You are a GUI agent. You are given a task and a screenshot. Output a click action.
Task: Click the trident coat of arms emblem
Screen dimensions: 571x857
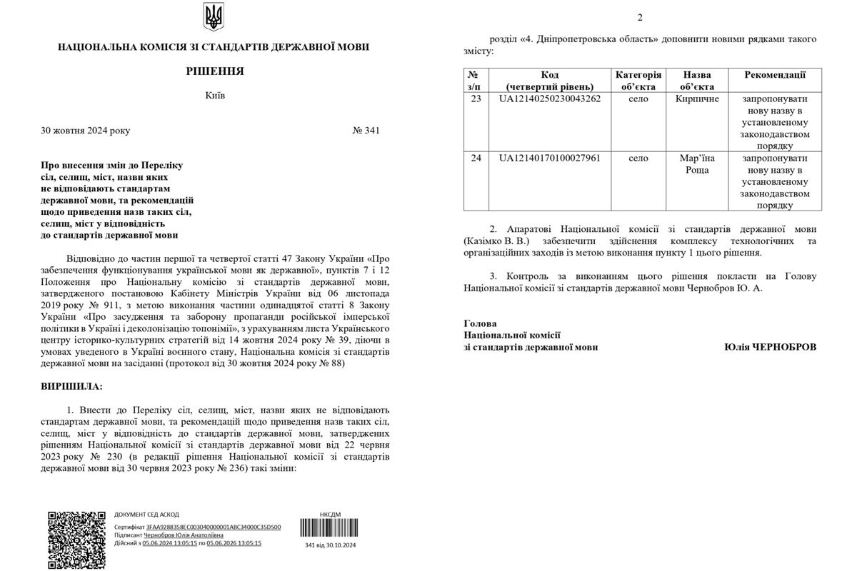[214, 16]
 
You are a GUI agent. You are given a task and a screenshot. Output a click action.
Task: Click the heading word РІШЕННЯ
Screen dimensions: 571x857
[214, 71]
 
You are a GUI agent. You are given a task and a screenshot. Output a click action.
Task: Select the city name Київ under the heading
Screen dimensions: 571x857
[214, 96]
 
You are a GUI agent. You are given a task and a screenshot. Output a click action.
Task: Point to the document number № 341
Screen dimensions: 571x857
[366, 131]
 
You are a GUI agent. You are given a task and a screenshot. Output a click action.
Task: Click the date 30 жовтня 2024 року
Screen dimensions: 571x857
[86, 131]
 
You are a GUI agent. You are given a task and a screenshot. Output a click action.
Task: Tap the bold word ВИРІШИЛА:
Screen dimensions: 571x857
[72, 386]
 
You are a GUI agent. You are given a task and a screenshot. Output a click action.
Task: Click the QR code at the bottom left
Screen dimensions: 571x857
[76, 539]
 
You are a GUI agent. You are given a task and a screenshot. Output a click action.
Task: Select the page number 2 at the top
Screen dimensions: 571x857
[640, 17]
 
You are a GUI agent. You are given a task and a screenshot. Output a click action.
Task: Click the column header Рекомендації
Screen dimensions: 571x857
[775, 75]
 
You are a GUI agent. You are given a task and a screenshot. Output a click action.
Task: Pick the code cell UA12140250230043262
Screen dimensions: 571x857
[550, 98]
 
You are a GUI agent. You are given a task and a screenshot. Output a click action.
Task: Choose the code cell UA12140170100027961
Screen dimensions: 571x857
[550, 158]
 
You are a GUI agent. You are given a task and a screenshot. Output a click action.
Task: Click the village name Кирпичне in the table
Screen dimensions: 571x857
[697, 98]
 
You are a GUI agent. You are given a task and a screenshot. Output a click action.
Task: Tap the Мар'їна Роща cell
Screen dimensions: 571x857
[697, 164]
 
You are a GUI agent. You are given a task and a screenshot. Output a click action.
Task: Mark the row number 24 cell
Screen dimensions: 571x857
[476, 158]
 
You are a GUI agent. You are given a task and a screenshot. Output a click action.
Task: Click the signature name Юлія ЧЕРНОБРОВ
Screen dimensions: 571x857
[769, 347]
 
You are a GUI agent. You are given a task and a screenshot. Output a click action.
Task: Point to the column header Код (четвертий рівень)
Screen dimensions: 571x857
[550, 81]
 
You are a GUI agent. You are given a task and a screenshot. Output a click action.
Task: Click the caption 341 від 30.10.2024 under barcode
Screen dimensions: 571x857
[330, 545]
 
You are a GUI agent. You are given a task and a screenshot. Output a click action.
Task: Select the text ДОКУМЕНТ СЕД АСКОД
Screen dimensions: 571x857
[146, 514]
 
